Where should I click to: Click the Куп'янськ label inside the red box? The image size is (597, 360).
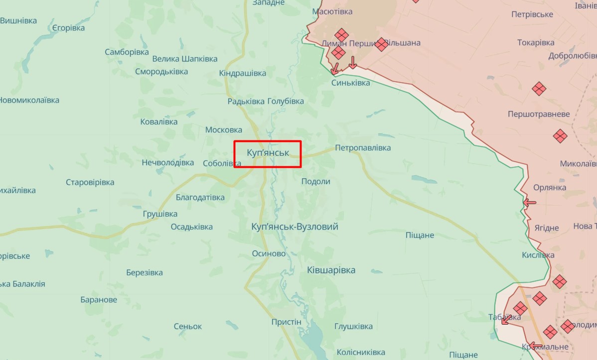tap(268, 152)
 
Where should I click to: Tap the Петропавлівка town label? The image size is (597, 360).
tap(363, 148)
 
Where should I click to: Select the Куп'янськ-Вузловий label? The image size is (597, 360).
tap(295, 227)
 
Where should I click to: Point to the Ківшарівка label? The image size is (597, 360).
tap(331, 270)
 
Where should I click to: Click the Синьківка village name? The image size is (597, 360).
tap(351, 83)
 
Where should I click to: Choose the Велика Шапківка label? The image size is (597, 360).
tap(185, 59)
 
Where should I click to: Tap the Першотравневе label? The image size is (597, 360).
tap(539, 114)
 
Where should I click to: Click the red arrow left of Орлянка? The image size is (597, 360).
tap(529, 203)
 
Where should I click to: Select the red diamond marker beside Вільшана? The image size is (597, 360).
tap(382, 44)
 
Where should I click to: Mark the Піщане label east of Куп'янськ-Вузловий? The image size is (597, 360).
tap(420, 235)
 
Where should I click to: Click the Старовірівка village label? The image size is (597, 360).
tap(90, 182)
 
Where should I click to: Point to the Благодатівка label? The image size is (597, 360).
tap(200, 198)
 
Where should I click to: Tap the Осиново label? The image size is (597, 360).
tap(269, 253)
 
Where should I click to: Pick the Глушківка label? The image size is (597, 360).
tap(354, 327)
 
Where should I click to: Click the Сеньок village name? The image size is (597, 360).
tap(188, 327)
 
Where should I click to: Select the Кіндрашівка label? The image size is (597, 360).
tap(243, 74)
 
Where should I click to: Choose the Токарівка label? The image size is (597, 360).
tap(536, 43)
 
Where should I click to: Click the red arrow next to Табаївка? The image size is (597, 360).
tap(505, 321)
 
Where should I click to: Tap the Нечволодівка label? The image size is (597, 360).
tap(168, 163)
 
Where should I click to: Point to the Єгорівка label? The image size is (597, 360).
tap(69, 28)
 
